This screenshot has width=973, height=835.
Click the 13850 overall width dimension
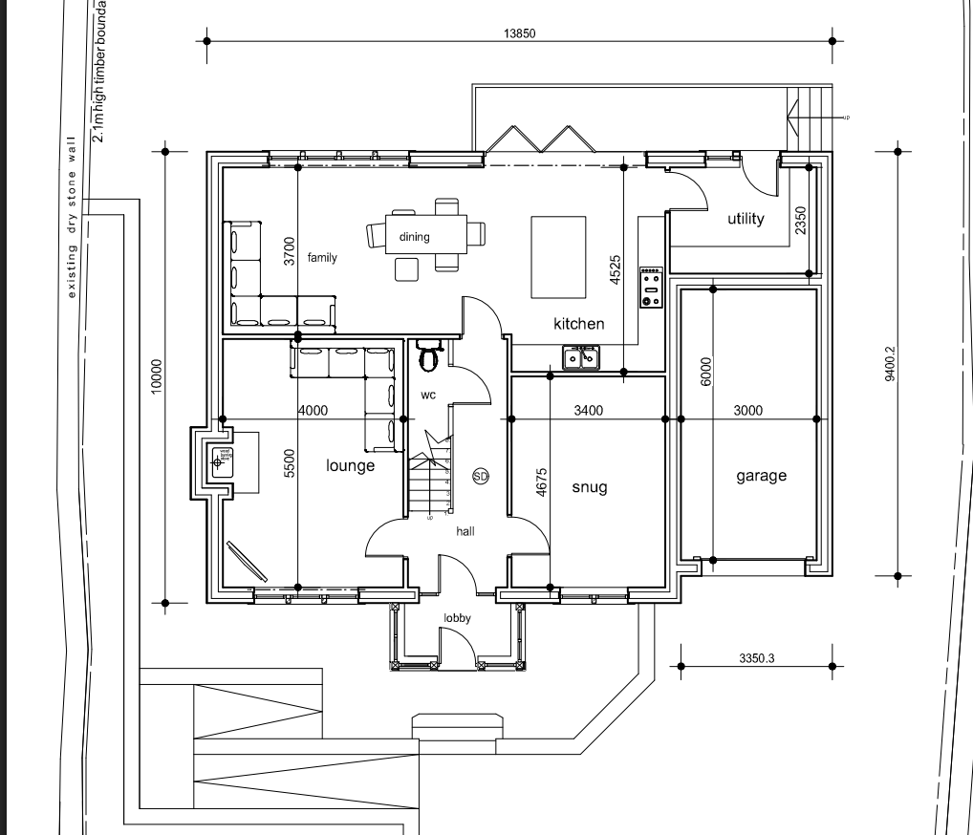tap(520, 33)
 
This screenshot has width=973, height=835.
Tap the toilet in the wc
tap(429, 356)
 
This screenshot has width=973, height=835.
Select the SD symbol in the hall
tap(480, 475)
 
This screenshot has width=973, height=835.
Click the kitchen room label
tap(578, 324)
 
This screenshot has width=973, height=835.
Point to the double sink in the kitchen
tap(581, 357)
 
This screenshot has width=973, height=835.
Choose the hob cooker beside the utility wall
tap(651, 287)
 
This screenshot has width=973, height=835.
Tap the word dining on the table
tap(415, 237)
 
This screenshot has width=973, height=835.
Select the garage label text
tap(761, 475)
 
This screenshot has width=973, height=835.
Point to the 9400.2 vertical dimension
tap(890, 364)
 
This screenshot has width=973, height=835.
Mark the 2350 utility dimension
tap(801, 221)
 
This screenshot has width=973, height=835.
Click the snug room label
tap(589, 487)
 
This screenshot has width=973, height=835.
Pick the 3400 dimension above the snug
tap(588, 411)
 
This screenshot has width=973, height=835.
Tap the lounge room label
tap(350, 465)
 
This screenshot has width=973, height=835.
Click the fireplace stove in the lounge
tap(223, 461)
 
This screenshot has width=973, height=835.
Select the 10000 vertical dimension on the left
tap(158, 376)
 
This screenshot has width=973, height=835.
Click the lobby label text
tap(457, 618)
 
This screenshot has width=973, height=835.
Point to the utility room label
tap(746, 219)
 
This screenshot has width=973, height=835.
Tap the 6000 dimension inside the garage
tap(705, 371)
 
